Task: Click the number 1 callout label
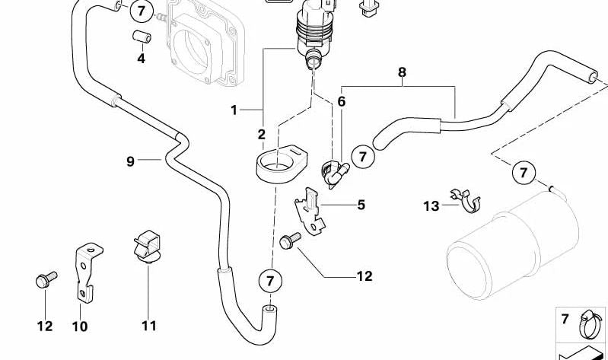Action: [x=235, y=110]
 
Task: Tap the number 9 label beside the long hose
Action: [x=131, y=161]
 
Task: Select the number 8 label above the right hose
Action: [x=402, y=72]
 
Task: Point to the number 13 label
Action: [x=431, y=205]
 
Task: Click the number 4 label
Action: [x=141, y=59]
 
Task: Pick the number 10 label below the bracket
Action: [x=80, y=327]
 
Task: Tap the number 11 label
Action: [x=148, y=326]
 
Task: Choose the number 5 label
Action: [x=361, y=204]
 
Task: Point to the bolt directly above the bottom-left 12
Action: [x=43, y=282]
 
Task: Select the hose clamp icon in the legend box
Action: [x=587, y=321]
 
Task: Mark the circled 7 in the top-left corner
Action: [x=141, y=11]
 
